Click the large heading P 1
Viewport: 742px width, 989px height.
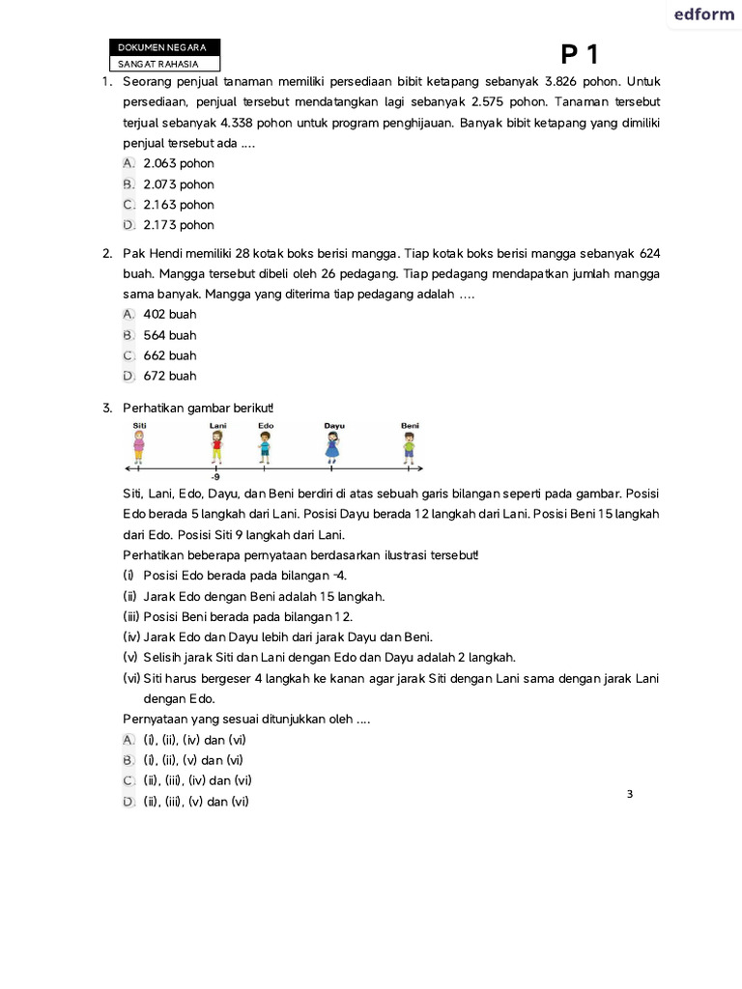586,56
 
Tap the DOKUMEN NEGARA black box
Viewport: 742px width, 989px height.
163,47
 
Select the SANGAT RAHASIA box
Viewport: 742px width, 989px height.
163,64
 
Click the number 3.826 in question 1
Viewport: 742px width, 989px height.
562,81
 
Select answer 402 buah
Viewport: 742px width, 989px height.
169,315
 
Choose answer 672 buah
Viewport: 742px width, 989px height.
169,376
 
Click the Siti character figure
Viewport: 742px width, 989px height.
140,446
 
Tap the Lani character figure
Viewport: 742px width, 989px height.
216,446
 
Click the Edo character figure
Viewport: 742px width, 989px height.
265,446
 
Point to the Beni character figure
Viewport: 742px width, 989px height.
410,446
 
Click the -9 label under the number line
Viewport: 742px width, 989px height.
215,477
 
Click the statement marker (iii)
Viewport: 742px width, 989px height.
132,617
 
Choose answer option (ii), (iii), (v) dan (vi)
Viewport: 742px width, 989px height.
196,802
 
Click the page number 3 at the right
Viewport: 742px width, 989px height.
630,794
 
